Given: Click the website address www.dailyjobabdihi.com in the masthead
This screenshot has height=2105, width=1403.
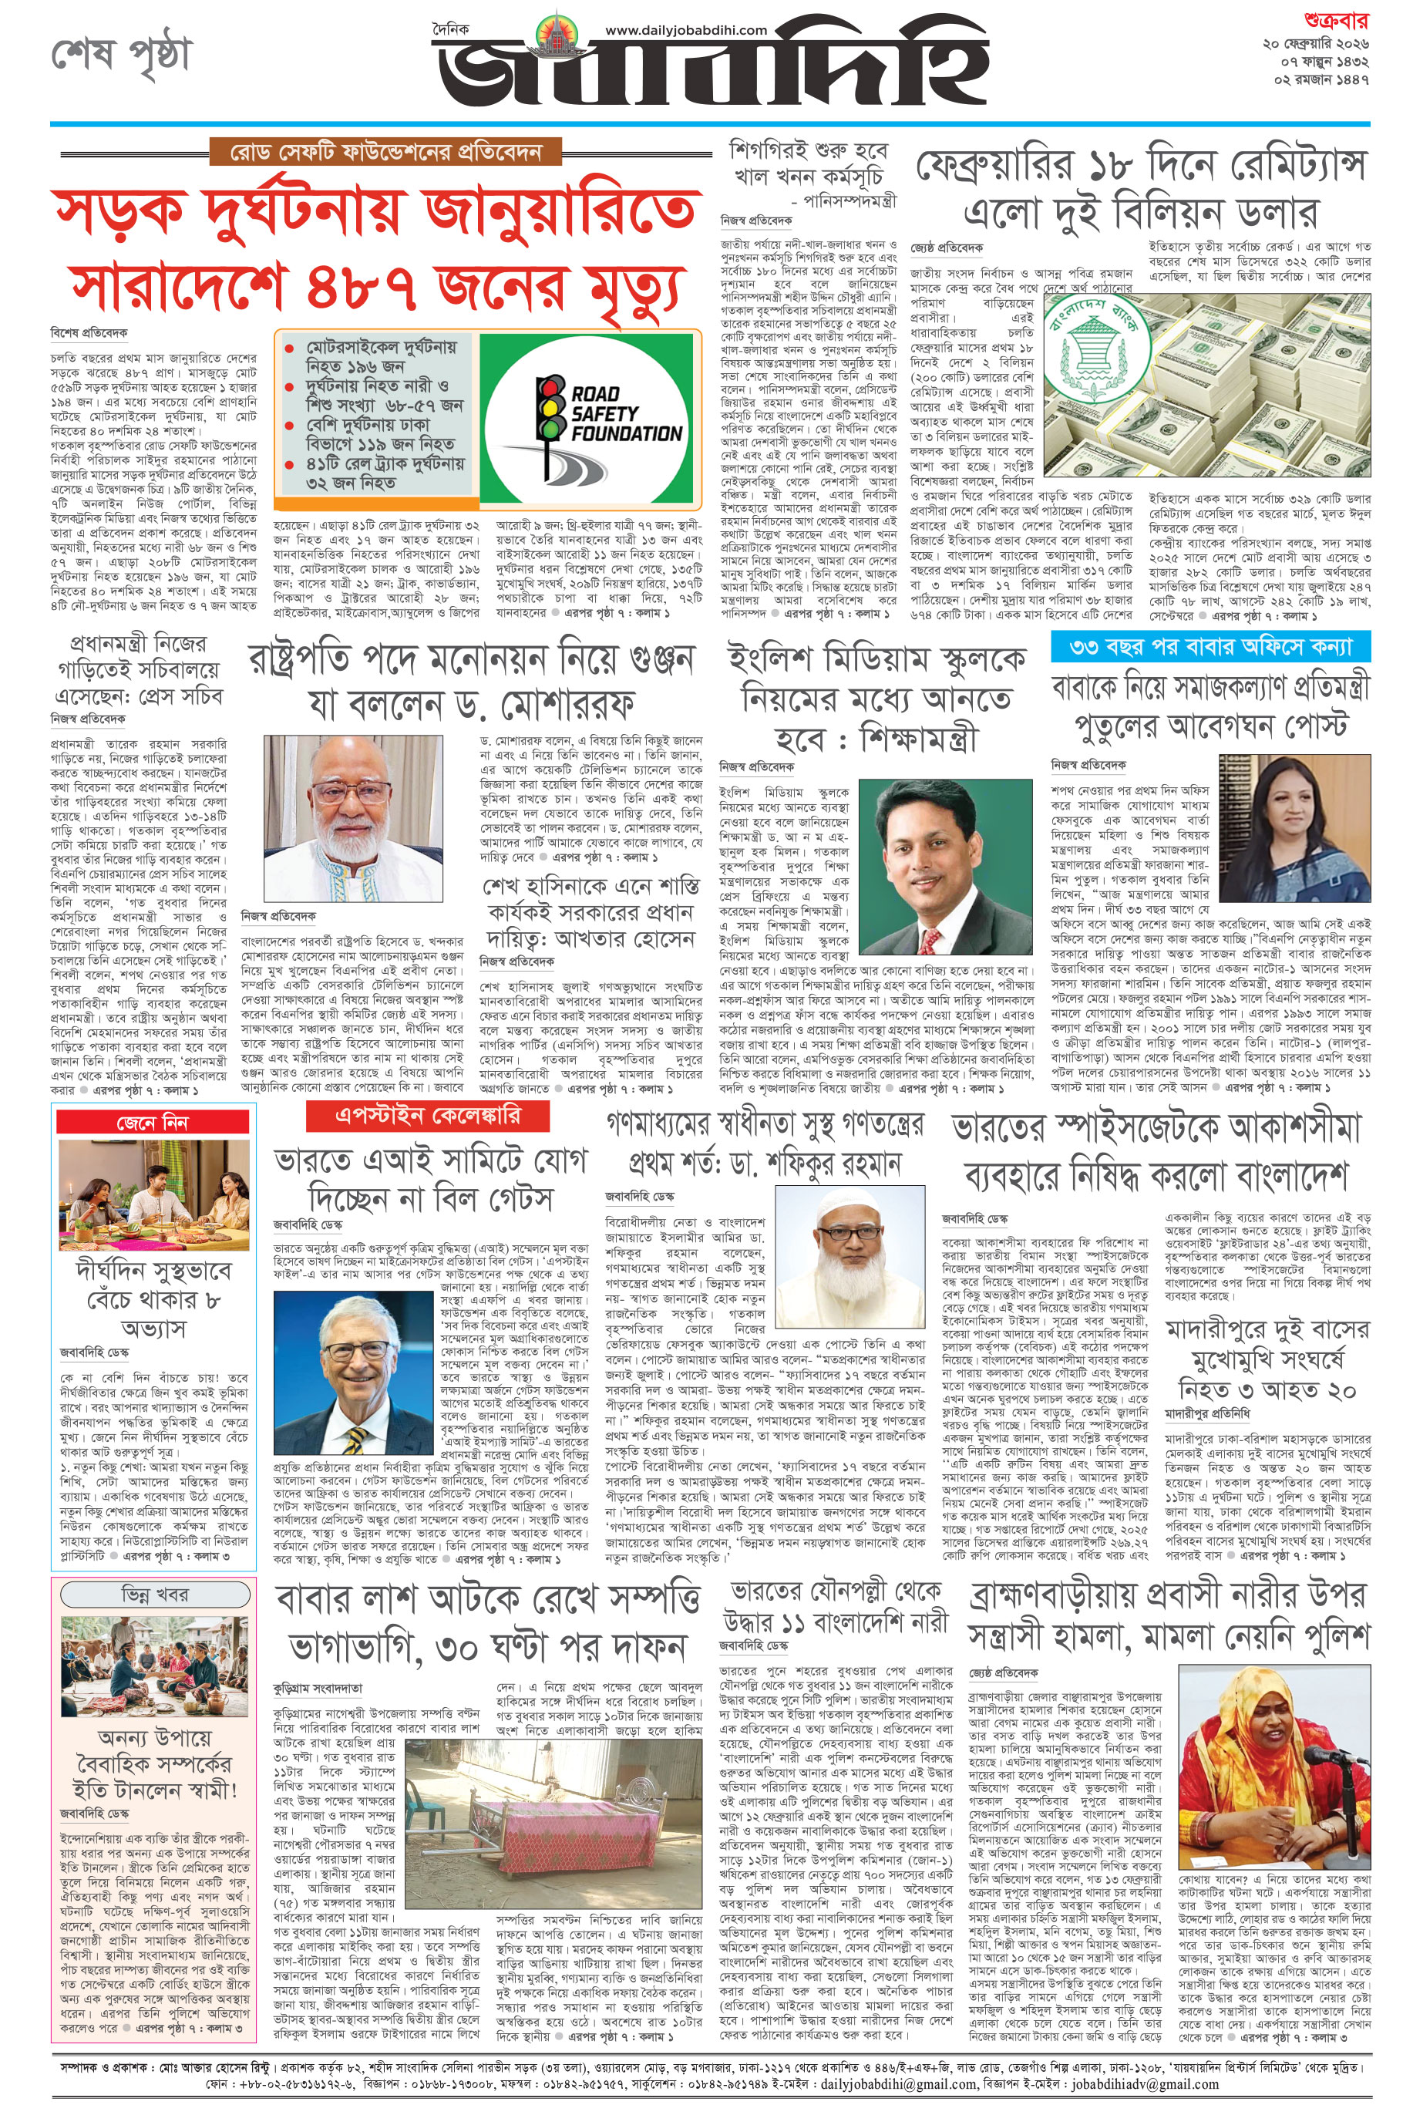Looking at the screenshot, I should (685, 30).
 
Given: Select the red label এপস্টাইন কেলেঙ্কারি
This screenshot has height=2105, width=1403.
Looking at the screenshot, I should (427, 1115).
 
